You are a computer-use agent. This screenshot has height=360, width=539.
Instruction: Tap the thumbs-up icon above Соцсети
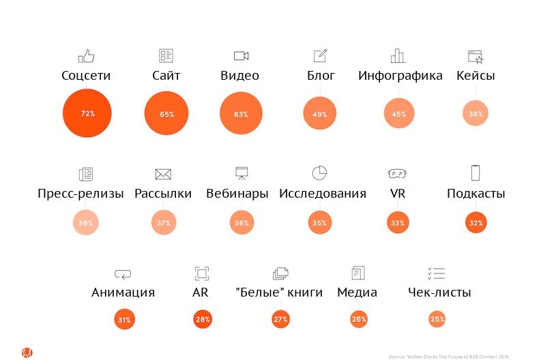click(x=85, y=56)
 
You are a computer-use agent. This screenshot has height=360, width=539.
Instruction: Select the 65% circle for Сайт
click(x=166, y=114)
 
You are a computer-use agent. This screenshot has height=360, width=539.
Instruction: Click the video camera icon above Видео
click(x=240, y=56)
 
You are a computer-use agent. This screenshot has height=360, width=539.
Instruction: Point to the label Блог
click(x=321, y=76)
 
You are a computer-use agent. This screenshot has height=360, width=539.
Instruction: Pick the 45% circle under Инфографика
click(x=399, y=114)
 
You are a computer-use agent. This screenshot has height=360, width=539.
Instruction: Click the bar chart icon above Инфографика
click(x=398, y=56)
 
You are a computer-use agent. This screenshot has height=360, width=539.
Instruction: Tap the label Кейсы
click(x=476, y=76)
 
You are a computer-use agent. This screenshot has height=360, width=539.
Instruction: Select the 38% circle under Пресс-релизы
click(x=87, y=223)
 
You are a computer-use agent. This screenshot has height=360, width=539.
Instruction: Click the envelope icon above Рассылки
click(x=163, y=174)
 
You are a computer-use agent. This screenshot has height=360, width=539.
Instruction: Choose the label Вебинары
click(x=237, y=194)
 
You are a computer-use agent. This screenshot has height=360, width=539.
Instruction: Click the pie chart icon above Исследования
click(x=320, y=173)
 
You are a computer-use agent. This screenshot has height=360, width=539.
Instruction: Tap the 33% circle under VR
click(x=398, y=223)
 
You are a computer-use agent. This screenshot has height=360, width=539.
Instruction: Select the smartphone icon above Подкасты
click(x=476, y=172)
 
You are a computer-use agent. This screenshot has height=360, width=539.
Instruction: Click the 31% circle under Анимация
click(x=124, y=319)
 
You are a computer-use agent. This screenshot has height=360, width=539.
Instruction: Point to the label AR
click(x=201, y=292)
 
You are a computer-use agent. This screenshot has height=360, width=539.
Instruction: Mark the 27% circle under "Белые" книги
click(x=280, y=319)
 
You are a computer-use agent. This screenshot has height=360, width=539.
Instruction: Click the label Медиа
click(x=357, y=292)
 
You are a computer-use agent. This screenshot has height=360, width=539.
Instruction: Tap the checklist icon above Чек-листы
click(x=436, y=273)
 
